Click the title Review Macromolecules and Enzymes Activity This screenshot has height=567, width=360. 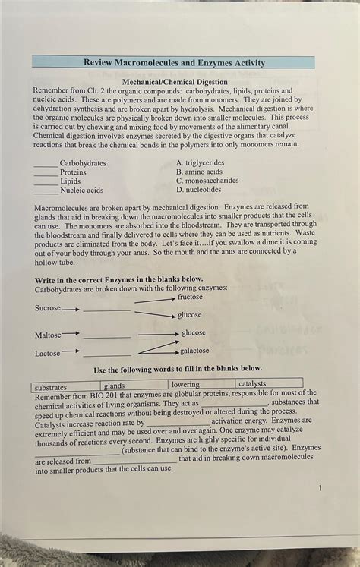coord(175,63)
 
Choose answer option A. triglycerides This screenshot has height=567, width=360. coord(200,163)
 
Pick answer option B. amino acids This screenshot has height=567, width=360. coord(199,172)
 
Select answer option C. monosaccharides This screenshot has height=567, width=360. coord(207,181)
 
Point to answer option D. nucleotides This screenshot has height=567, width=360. coord(198,191)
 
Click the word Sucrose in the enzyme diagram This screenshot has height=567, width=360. coord(47,308)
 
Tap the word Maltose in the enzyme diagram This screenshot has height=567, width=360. coord(47,335)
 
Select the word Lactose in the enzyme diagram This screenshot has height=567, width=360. coord(47,354)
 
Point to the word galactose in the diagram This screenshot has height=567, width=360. coord(194,351)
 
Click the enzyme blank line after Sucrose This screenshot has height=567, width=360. coord(106,310)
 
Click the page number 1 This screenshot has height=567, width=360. coord(321,487)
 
